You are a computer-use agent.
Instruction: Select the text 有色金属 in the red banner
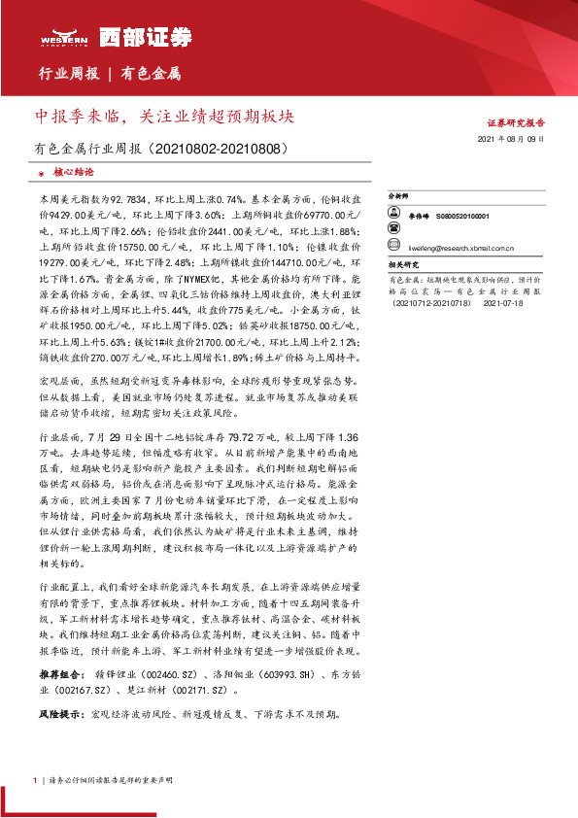[152, 74]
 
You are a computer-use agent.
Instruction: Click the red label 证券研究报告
[516, 123]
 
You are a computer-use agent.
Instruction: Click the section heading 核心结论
[73, 171]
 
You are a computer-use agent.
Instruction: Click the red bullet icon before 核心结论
[40, 172]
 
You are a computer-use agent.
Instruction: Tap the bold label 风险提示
[59, 715]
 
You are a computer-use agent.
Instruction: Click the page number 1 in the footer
[35, 780]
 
